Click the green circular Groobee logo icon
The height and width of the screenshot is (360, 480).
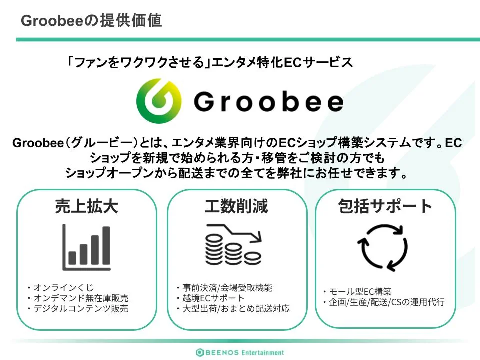[159, 101]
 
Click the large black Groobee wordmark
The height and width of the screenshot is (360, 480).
[269, 102]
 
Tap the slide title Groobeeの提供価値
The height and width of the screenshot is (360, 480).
[91, 21]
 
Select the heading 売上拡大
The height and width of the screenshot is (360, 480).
[86, 206]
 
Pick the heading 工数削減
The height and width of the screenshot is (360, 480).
[236, 206]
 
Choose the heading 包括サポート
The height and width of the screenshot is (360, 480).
[385, 206]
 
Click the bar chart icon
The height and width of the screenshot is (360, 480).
[86, 247]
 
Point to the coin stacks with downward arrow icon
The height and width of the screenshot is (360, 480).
[234, 245]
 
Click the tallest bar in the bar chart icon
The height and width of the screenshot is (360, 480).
[106, 246]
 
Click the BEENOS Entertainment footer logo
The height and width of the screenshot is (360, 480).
[240, 352]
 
